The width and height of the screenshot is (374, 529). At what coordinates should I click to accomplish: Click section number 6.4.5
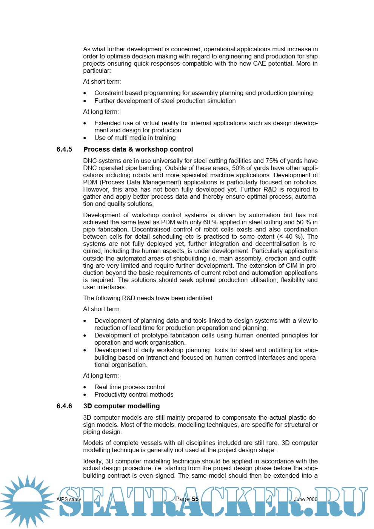click(x=64, y=149)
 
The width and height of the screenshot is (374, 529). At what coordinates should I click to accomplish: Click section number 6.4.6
click(x=64, y=406)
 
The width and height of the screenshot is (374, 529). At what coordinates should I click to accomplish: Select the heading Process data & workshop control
click(x=138, y=149)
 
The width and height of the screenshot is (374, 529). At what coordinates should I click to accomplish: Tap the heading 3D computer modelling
click(x=122, y=406)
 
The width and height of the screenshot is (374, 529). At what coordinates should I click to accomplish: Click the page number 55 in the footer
click(x=195, y=499)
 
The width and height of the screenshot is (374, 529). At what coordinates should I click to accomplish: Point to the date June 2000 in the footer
click(x=306, y=499)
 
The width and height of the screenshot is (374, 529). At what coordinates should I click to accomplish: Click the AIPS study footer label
click(x=69, y=499)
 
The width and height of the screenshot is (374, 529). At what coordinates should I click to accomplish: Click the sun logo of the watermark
click(x=27, y=501)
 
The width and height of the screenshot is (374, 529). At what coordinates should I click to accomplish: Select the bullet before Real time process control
click(x=85, y=387)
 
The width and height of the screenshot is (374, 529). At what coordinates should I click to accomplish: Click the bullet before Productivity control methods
click(x=85, y=395)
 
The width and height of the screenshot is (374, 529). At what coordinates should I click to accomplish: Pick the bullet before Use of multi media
click(x=85, y=138)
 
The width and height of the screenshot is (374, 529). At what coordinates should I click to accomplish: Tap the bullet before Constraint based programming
click(x=85, y=93)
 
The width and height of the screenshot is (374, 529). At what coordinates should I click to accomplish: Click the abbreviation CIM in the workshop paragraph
click(x=292, y=265)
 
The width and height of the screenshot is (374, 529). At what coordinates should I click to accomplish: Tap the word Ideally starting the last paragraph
click(x=92, y=461)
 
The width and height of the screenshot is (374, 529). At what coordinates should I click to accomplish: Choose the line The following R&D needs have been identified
click(x=148, y=298)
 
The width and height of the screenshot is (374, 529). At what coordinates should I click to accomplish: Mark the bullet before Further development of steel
click(x=85, y=101)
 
